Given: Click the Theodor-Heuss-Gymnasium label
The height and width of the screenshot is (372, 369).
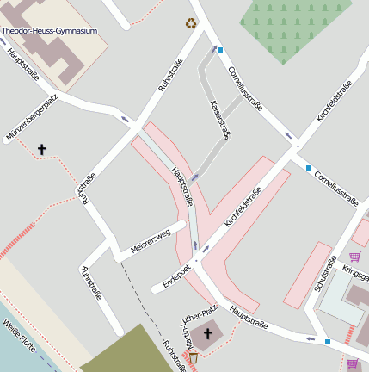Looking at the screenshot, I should (49, 31).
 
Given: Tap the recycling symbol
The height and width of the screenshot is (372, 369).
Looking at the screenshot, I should (190, 23).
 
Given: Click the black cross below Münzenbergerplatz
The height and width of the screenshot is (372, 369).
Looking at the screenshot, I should (41, 150).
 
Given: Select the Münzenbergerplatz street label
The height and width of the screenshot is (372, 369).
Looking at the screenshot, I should (31, 120).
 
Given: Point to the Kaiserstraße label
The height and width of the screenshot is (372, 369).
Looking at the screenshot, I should (221, 120).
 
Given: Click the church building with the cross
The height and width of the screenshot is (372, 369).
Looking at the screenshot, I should (206, 334).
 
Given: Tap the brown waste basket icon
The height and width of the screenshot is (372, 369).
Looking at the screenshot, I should (193, 357).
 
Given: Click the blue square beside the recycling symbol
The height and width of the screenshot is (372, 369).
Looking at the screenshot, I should (220, 50).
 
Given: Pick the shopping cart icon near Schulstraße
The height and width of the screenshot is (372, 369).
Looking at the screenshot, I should (354, 257).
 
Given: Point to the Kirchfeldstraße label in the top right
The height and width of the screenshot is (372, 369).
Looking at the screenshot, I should (334, 101).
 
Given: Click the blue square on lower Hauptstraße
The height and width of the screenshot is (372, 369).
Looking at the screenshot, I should (328, 341).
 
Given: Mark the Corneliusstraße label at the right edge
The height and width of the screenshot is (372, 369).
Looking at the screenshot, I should (335, 185).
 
